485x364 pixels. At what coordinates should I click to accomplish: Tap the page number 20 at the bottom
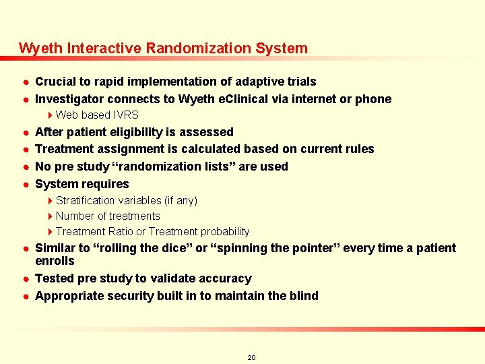251,357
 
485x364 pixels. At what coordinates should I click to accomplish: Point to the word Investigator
70,99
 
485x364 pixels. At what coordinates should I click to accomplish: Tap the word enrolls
55,261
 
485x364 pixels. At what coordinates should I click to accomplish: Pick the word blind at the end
303,296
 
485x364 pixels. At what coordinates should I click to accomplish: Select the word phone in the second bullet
375,99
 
